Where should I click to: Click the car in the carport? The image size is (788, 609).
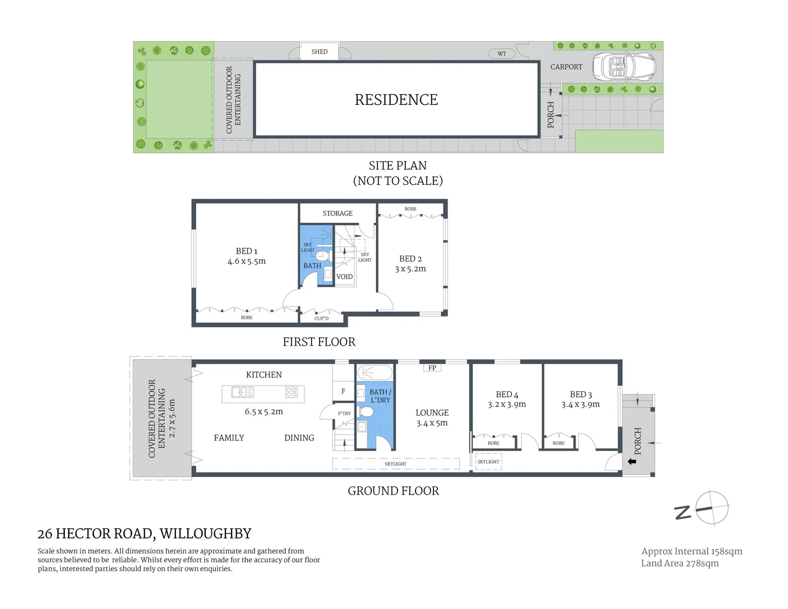pyautogui.click(x=623, y=67)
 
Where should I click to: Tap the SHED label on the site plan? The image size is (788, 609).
pyautogui.click(x=320, y=51)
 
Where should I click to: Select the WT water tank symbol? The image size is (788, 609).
pyautogui.click(x=502, y=54)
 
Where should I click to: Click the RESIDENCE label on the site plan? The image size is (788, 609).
pyautogui.click(x=396, y=100)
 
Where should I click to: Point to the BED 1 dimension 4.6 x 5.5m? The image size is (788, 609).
pyautogui.click(x=246, y=262)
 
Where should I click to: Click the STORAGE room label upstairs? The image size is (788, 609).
pyautogui.click(x=338, y=213)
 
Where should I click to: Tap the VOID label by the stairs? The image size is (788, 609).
pyautogui.click(x=344, y=277)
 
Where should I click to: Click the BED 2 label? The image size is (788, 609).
pyautogui.click(x=410, y=258)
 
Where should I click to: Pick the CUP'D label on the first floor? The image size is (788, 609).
pyautogui.click(x=321, y=319)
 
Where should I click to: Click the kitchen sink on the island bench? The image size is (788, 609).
pyautogui.click(x=243, y=391)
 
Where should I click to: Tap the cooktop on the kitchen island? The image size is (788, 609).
pyautogui.click(x=291, y=391)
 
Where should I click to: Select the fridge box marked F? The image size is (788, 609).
pyautogui.click(x=343, y=391)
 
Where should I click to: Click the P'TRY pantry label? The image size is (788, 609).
pyautogui.click(x=344, y=413)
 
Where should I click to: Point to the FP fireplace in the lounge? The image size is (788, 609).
pyautogui.click(x=432, y=368)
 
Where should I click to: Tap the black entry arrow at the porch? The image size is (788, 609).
pyautogui.click(x=632, y=461)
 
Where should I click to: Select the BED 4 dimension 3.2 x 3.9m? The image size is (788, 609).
pyautogui.click(x=507, y=404)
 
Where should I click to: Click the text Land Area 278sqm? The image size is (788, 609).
pyautogui.click(x=680, y=563)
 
